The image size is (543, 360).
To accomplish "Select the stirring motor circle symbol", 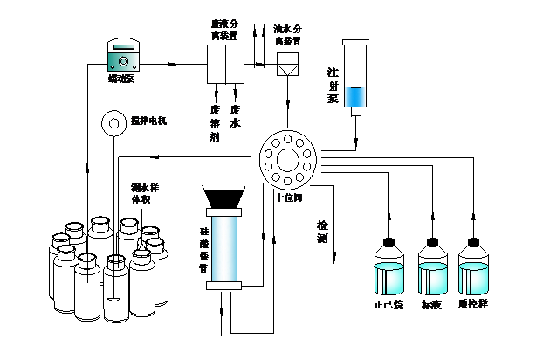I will [x=113, y=124].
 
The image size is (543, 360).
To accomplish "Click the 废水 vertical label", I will [x=235, y=116].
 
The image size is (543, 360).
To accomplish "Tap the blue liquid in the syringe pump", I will [x=355, y=96].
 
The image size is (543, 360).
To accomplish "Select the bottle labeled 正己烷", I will [x=388, y=270].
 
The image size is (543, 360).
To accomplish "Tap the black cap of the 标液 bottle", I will [x=431, y=242].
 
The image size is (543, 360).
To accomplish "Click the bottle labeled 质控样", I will [x=475, y=270].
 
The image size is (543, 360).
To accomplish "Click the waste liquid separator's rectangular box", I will [x=225, y=63].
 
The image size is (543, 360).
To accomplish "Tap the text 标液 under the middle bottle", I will [x=432, y=305].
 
